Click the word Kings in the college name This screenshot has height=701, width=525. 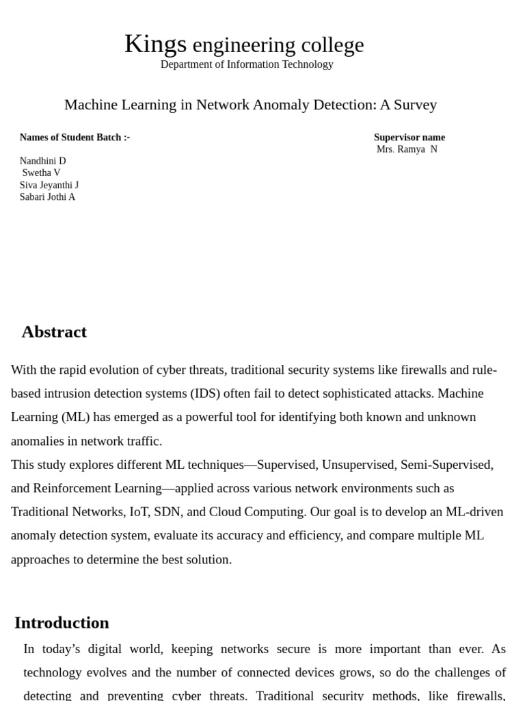(155, 44)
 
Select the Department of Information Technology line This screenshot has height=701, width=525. (247, 64)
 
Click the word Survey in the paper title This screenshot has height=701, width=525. (414, 105)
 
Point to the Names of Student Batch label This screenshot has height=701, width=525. (75, 138)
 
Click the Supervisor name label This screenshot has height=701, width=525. (409, 138)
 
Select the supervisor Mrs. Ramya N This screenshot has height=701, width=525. (407, 149)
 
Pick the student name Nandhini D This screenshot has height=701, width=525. (42, 161)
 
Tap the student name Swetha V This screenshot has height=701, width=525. (41, 173)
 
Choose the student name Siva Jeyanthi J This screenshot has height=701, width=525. (49, 185)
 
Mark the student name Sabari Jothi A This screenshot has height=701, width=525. (47, 197)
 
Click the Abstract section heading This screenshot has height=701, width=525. (54, 332)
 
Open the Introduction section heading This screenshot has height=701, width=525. (62, 623)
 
